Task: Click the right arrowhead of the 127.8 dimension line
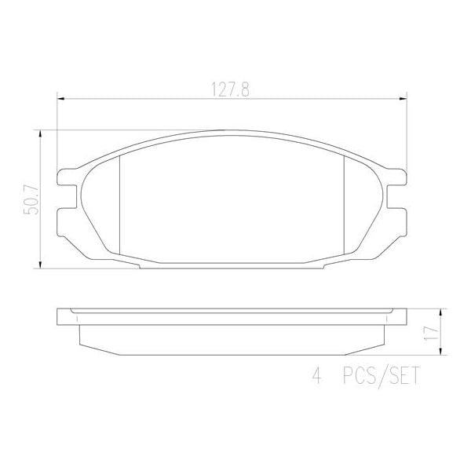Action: (x=405, y=98)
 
